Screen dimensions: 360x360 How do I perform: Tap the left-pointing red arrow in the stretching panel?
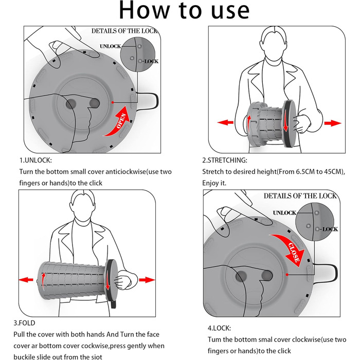225,122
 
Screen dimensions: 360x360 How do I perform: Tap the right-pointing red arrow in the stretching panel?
333,123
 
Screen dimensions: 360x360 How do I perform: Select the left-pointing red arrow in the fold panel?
26,280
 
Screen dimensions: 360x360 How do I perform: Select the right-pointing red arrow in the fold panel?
147,280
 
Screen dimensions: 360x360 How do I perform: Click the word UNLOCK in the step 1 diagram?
110,46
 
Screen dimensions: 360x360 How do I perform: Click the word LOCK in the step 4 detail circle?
330,229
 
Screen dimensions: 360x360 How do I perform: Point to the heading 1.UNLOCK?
35,160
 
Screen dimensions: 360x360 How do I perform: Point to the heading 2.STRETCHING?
225,160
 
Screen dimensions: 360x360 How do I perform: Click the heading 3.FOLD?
24,323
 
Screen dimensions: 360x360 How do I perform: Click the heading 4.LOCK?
219,328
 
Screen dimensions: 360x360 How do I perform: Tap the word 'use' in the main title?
230,11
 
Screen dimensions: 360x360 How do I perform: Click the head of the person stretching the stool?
273,44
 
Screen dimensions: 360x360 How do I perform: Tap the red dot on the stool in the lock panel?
287,275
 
